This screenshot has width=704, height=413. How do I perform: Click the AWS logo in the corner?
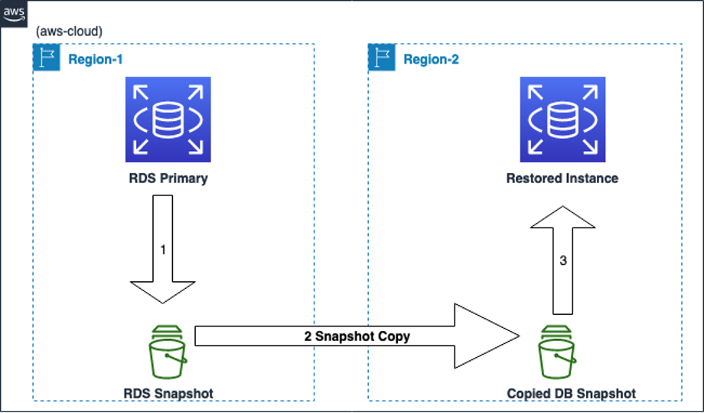click(13, 13)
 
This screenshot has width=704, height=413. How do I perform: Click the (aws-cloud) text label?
click(69, 32)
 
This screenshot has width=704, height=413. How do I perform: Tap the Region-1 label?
click(96, 60)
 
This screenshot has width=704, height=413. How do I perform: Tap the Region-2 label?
click(432, 60)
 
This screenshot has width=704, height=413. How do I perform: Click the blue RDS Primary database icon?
click(168, 119)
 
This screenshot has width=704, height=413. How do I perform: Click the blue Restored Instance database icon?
click(562, 119)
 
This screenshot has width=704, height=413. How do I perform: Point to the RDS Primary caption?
click(168, 179)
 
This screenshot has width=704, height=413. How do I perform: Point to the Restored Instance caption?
click(562, 179)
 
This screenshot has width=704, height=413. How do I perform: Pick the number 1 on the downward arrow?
click(163, 250)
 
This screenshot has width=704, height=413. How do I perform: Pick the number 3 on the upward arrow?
click(563, 261)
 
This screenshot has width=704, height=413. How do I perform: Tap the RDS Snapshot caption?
click(168, 393)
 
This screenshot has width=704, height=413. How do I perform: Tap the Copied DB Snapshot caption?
click(572, 393)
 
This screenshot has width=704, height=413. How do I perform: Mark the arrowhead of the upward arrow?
click(563, 218)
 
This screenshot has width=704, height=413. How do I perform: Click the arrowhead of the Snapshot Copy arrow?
click(490, 336)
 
